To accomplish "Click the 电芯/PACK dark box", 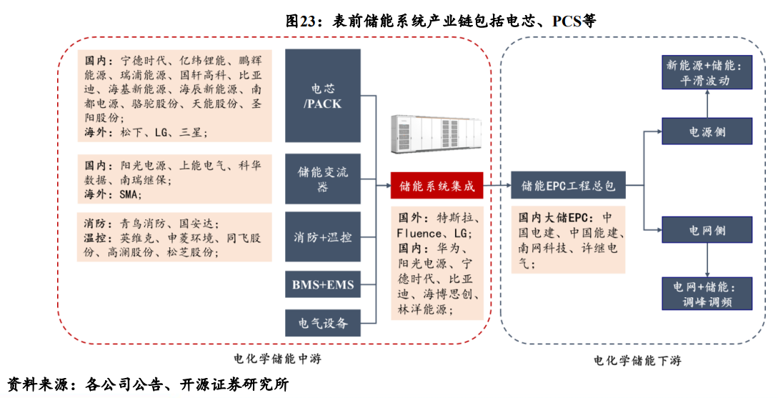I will tap(322, 96).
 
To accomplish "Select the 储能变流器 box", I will tap(322, 179).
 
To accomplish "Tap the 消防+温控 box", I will tap(322, 237).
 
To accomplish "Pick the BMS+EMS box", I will tap(322, 285).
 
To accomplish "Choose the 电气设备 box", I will tap(322, 323).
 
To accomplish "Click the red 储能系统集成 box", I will tap(437, 186).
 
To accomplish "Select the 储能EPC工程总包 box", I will tap(568, 186).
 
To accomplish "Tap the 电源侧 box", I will tap(707, 131).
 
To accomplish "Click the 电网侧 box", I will tap(707, 230).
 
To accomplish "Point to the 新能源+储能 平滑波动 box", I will tap(707, 73).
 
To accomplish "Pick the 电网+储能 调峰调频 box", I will tap(707, 294).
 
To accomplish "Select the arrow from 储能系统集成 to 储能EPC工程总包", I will tap(498, 186).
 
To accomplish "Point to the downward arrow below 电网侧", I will tap(707, 261).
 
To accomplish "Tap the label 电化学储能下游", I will tap(637, 361).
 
